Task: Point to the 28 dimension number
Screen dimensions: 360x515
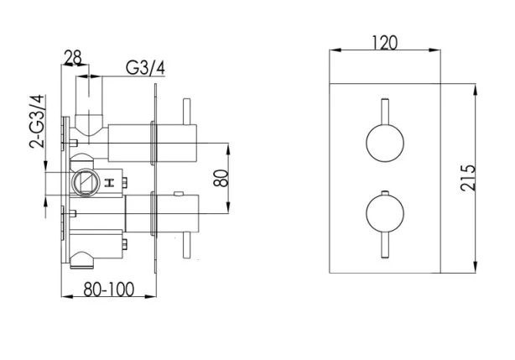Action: pos(74,57)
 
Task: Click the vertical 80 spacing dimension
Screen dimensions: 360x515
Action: pos(219,179)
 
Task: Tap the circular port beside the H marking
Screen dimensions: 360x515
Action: pos(86,181)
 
